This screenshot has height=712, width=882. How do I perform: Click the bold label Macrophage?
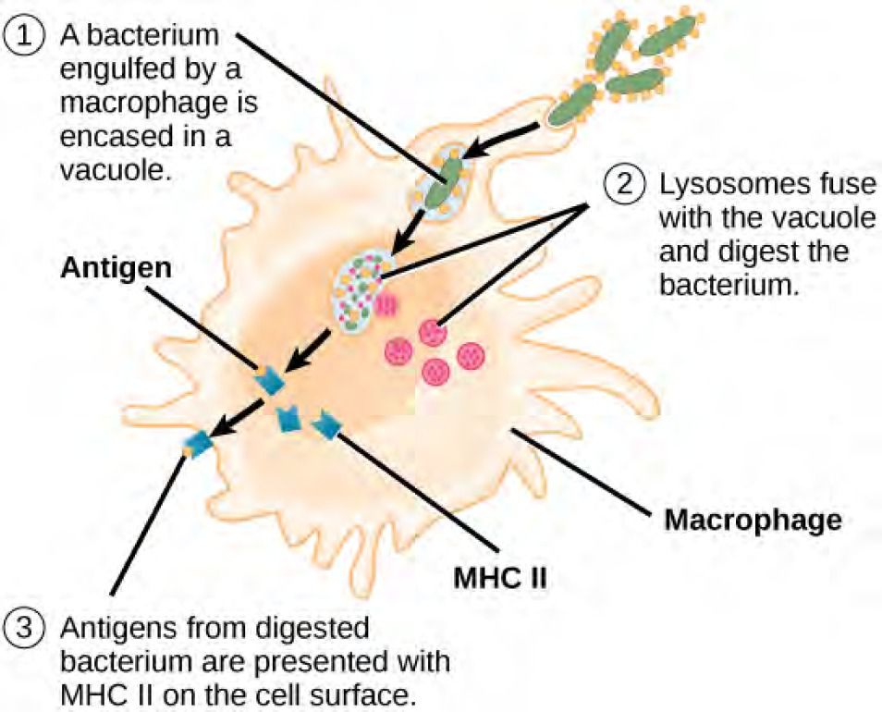[x=753, y=520]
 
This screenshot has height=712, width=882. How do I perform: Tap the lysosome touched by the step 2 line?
[x=432, y=333]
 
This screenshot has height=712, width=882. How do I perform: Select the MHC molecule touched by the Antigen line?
[x=269, y=380]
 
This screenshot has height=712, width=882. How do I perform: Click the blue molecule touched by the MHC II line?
[x=327, y=425]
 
